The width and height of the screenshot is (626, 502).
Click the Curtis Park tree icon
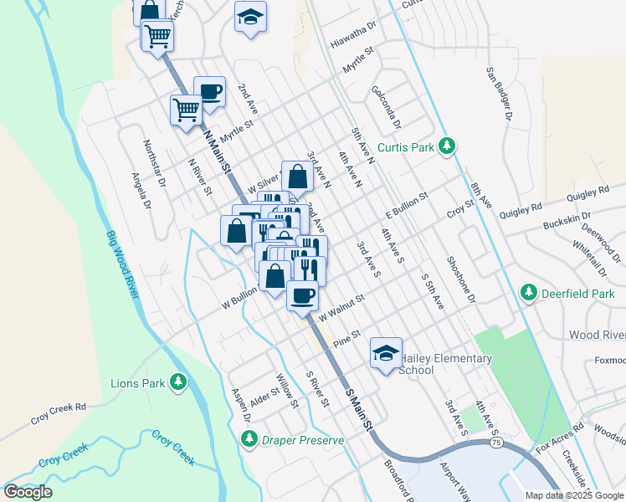(x=448, y=147)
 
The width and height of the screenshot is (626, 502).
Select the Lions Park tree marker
(x=177, y=383)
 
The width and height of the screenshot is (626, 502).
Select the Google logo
(x=28, y=492)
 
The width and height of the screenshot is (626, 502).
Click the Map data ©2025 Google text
(x=574, y=495)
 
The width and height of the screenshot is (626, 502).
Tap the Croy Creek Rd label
(x=59, y=415)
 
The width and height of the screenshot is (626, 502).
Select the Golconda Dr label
(x=386, y=110)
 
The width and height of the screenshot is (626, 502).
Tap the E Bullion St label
(x=407, y=203)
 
